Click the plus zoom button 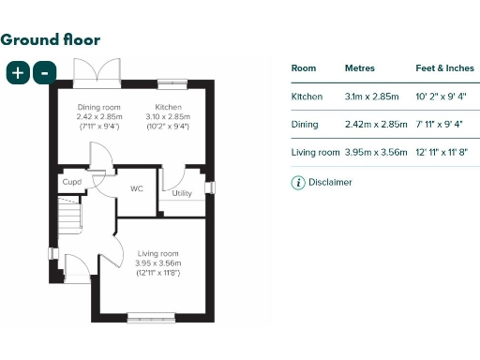(x=18, y=73)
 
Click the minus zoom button (x=44, y=73)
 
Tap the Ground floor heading (x=50, y=39)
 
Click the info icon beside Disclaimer (x=298, y=182)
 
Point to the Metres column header (x=360, y=68)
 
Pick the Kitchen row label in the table (x=307, y=97)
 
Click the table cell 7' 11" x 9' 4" (x=445, y=124)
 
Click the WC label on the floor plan (x=136, y=188)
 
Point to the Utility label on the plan (x=182, y=193)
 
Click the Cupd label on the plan (x=71, y=182)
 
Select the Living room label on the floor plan (x=158, y=253)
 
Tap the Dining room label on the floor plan (x=99, y=108)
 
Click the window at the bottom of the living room (x=152, y=317)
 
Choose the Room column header (x=304, y=68)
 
